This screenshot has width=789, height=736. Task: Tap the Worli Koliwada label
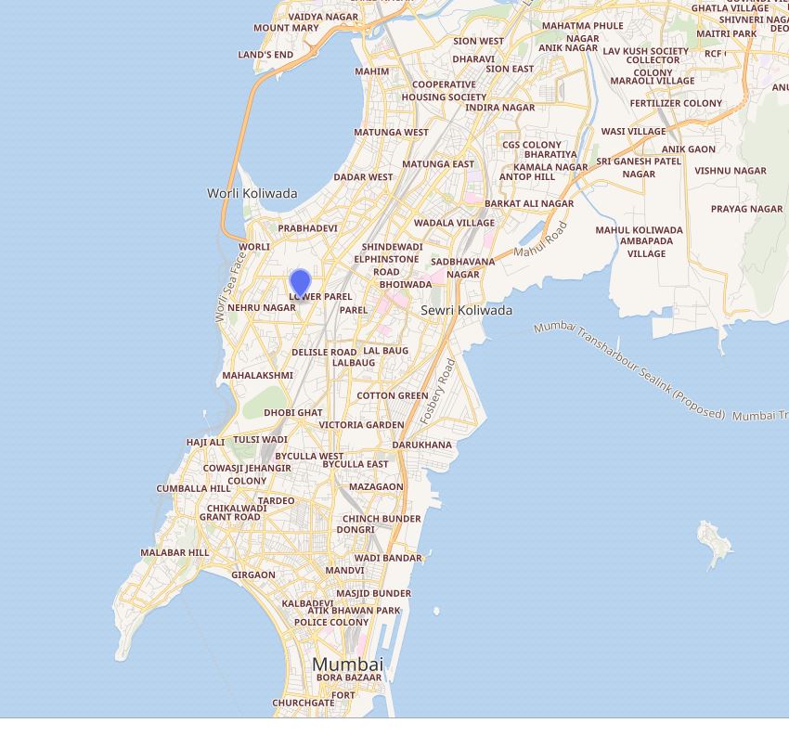252,193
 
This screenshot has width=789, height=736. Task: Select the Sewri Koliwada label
466,310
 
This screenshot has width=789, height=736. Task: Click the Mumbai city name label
347,665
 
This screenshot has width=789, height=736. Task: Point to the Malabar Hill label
175,552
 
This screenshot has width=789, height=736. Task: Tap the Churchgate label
303,704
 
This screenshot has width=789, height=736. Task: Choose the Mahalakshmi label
257,376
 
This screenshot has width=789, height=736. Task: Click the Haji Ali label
205,443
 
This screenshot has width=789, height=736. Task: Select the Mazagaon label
376,486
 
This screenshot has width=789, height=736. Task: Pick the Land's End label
265,55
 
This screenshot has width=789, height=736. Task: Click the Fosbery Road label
438,392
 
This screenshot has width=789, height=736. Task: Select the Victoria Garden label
361,425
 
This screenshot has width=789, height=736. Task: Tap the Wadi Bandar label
388,558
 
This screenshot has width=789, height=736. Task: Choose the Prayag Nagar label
746,209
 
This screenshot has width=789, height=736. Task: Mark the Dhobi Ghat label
293,413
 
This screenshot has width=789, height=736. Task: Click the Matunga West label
391,133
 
